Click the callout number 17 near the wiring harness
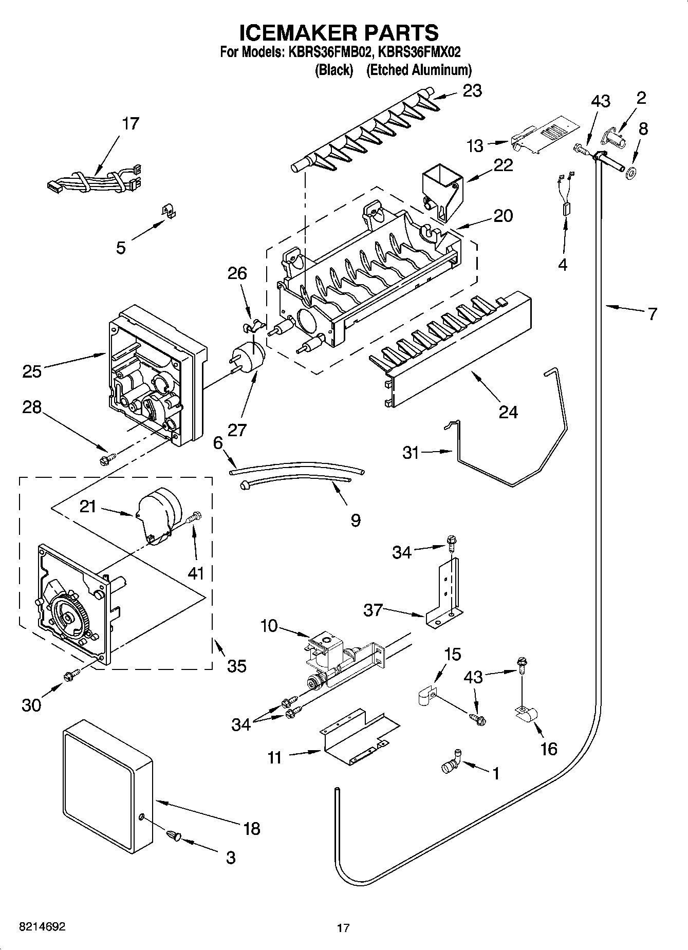(x=131, y=124)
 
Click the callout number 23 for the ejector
(x=472, y=91)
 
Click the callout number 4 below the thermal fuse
(x=563, y=265)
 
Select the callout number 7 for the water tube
(x=653, y=313)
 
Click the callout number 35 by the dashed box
(x=236, y=666)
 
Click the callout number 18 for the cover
(x=252, y=828)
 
